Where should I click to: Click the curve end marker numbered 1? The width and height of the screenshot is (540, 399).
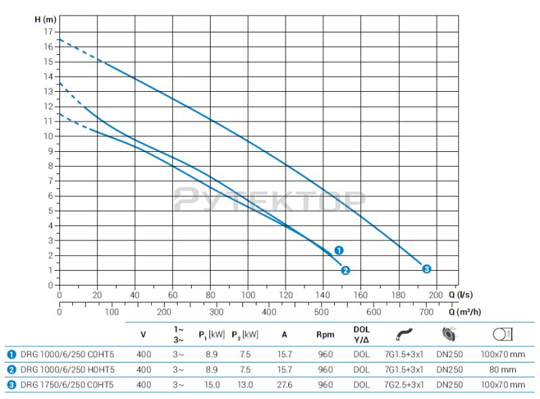tap(339, 250)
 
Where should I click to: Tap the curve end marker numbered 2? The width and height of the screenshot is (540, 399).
tap(346, 271)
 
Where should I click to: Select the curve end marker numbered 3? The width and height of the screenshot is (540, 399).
tap(427, 269)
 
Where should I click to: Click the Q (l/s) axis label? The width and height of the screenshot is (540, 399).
tap(460, 295)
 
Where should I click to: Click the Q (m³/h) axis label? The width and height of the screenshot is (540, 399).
tap(464, 312)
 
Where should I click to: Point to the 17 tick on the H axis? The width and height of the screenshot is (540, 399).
tap(48, 32)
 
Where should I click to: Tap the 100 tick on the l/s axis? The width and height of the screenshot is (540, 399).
tap(248, 295)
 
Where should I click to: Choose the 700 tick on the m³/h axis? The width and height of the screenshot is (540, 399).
tap(426, 312)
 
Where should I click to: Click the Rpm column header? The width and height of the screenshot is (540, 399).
tap(325, 334)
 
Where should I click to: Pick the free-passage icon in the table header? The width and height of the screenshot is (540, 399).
tap(503, 334)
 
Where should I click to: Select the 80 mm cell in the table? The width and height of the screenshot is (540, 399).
tap(503, 369)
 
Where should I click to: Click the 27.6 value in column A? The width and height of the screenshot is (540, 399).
tap(284, 385)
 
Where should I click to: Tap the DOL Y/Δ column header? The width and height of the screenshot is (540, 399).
tap(362, 334)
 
